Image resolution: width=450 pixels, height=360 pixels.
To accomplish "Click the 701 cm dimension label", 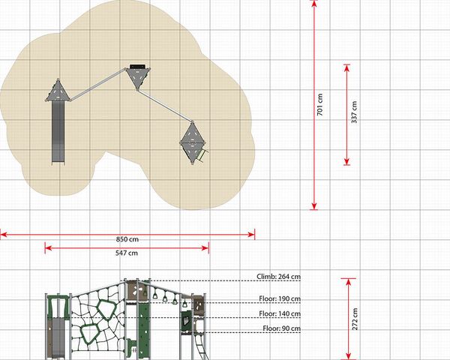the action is [x=320, y=105].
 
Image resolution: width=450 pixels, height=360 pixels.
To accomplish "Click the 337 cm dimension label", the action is [x=355, y=112].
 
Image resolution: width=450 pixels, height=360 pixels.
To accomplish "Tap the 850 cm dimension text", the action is [x=127, y=239].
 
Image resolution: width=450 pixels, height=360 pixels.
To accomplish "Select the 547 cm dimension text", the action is [x=127, y=253].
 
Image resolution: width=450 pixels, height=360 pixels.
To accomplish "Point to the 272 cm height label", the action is [x=355, y=319].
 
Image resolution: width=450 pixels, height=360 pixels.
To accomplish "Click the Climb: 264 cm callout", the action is [x=279, y=277].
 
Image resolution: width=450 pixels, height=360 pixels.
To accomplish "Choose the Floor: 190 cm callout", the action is [x=280, y=298].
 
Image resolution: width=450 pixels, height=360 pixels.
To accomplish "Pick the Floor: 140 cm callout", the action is [x=280, y=313].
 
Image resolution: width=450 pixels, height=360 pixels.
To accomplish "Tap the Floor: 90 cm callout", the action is [x=282, y=328].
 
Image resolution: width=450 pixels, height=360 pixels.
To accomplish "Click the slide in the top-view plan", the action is [x=58, y=133].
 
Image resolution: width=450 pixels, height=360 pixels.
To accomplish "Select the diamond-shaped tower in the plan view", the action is [x=193, y=143].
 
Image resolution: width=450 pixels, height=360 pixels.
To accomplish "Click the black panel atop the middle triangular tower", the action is [x=138, y=67].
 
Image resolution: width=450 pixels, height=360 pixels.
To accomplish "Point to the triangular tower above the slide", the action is [x=58, y=91].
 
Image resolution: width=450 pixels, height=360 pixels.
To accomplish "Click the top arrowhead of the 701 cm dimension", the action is [x=314, y=4].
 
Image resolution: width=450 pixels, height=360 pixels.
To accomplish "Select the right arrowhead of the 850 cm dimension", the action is [x=251, y=235].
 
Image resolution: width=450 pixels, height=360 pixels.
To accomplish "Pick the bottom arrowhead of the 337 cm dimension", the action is [x=347, y=162].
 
